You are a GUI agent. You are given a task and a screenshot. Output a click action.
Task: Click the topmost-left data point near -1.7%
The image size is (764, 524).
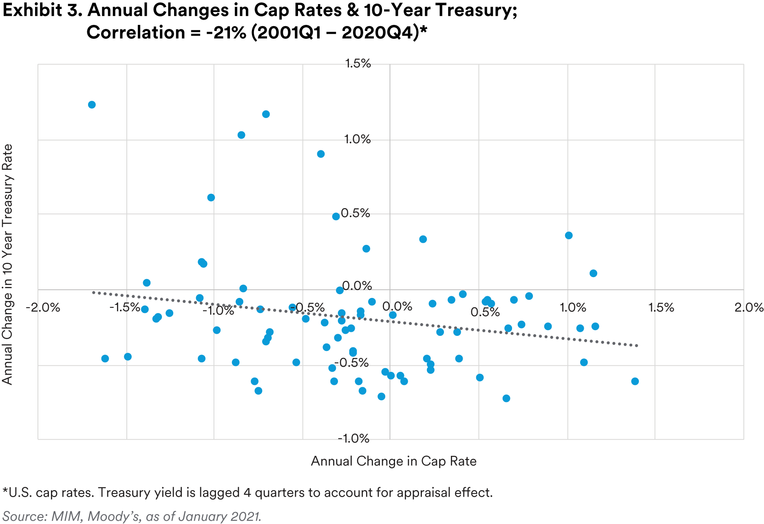[x=92, y=105]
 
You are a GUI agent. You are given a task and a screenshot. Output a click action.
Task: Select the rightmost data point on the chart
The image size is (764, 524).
[x=635, y=381]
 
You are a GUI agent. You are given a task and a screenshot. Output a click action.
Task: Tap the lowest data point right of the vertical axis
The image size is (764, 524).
[x=506, y=398]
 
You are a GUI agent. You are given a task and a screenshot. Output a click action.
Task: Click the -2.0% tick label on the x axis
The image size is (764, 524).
[x=43, y=307]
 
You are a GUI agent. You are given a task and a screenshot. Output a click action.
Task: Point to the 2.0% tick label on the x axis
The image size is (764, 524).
[x=749, y=307]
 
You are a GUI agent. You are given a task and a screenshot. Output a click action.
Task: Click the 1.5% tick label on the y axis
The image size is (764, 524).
[x=358, y=64]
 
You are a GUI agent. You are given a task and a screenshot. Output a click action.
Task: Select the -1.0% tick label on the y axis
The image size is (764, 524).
[x=353, y=439]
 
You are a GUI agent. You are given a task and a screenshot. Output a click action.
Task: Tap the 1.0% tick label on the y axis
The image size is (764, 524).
[x=358, y=140]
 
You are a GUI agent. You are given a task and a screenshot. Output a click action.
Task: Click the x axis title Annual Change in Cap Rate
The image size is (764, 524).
[x=393, y=461]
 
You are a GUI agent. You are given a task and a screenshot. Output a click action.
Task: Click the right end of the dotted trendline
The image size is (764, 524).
[x=636, y=346]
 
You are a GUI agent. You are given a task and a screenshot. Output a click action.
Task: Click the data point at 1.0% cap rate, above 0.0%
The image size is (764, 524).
[x=569, y=235]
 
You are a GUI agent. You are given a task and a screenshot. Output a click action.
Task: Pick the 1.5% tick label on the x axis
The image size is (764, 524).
[x=661, y=307]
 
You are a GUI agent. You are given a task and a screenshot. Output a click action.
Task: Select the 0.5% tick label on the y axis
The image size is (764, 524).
[x=356, y=213]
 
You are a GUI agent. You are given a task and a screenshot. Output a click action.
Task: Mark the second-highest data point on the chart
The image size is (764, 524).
[x=266, y=114]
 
